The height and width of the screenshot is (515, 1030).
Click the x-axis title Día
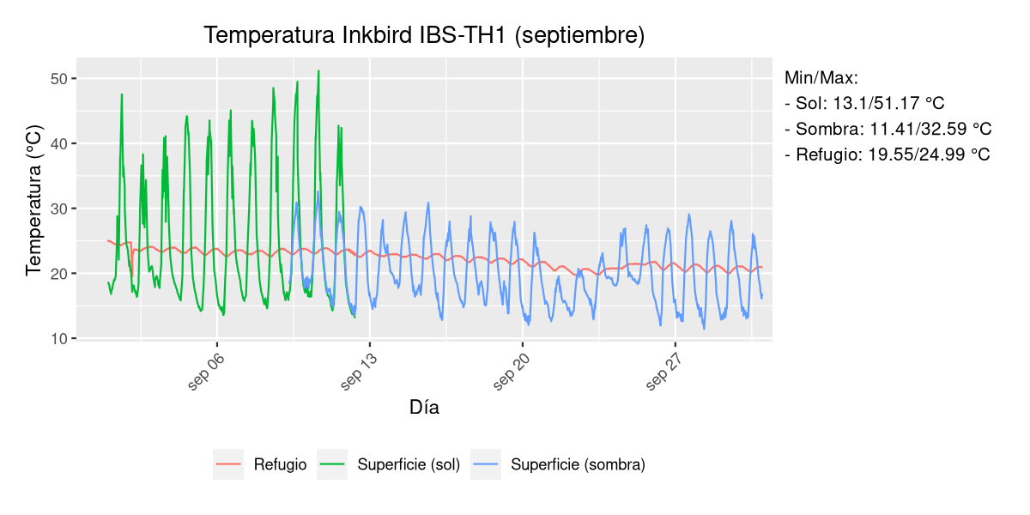(424, 408)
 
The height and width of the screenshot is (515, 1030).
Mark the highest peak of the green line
(318, 71)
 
